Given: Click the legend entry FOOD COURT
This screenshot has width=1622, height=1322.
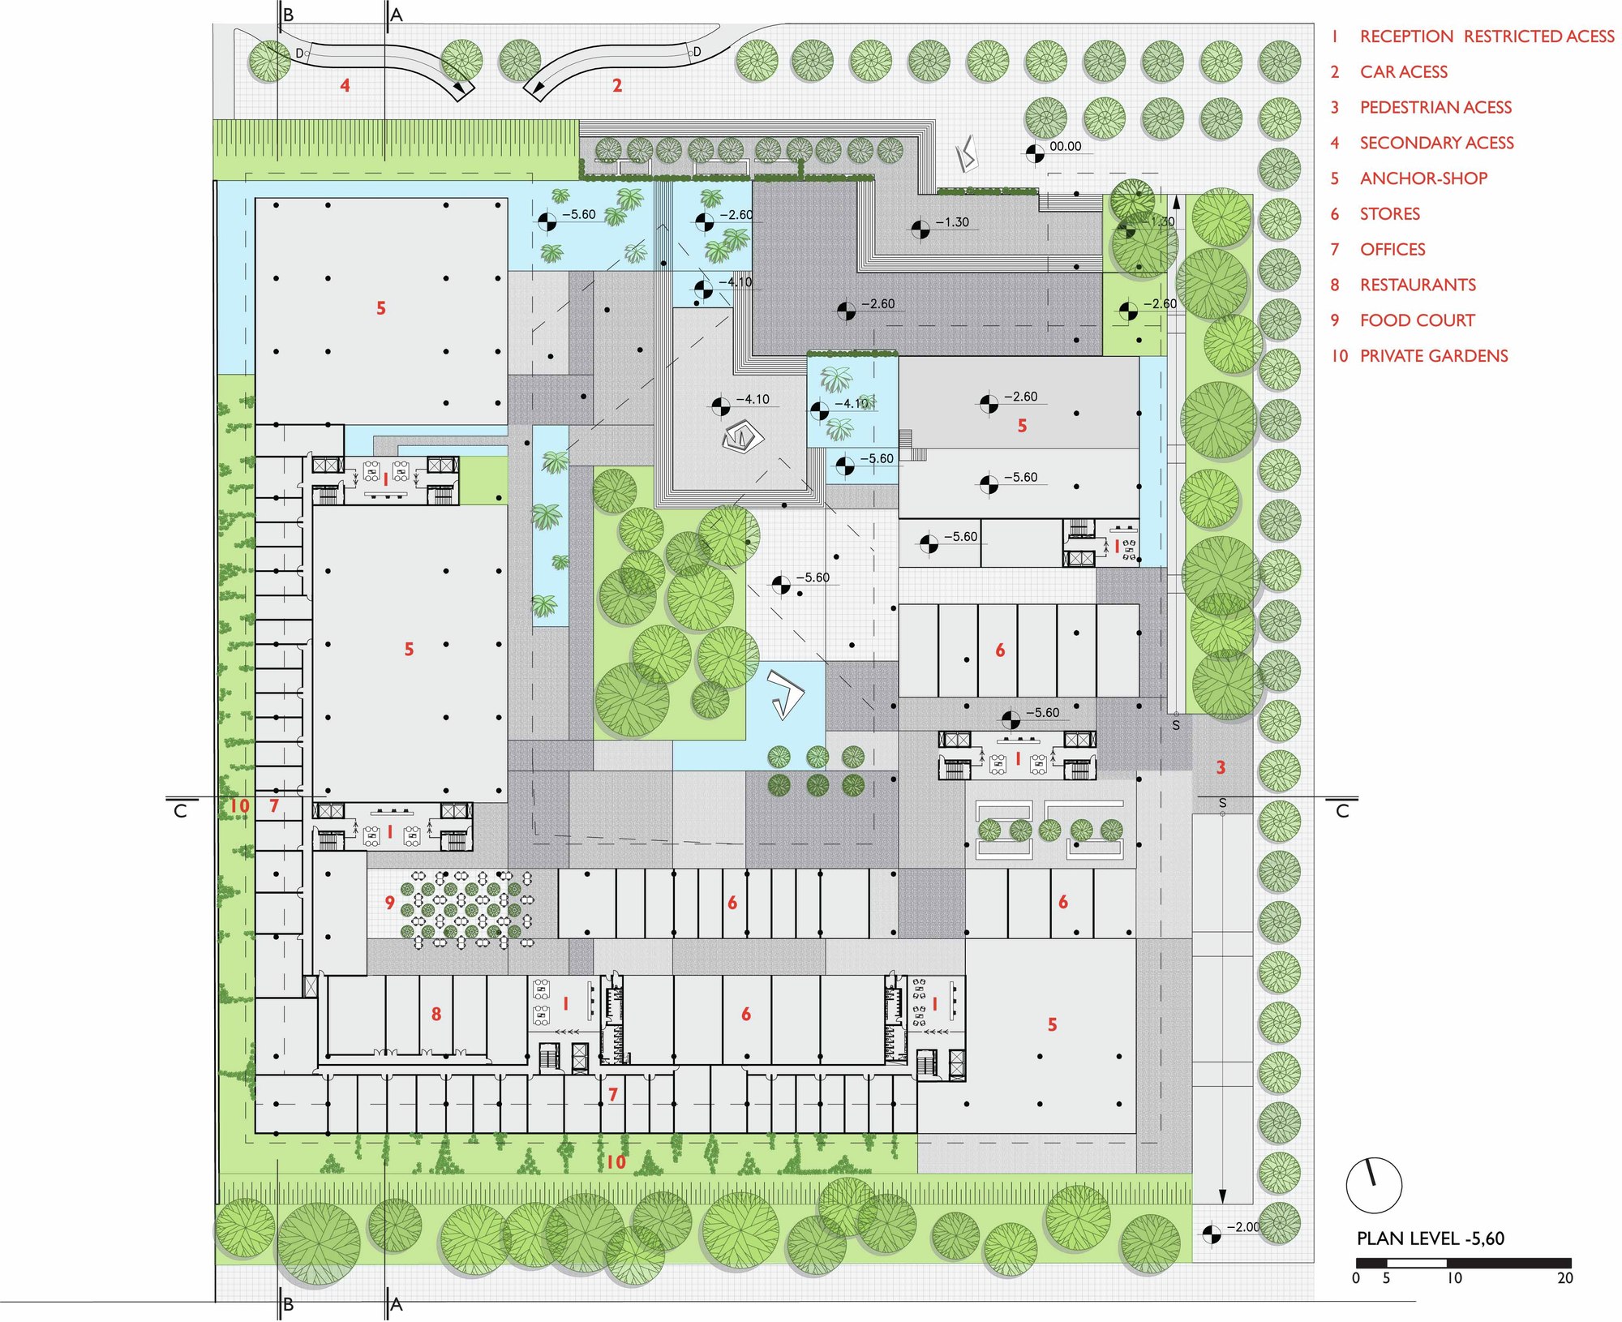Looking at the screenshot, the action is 1417,320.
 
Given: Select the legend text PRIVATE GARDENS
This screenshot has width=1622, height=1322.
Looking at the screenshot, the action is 1434,356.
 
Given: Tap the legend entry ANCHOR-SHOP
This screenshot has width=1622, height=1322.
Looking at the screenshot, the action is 1423,178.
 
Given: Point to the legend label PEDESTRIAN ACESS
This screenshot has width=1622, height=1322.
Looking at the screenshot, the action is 1435,107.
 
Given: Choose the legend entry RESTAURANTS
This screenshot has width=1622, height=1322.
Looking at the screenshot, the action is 1418,285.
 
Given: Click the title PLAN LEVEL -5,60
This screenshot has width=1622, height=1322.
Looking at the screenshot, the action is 1431,1238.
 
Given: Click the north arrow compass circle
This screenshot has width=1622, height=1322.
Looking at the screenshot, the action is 1374,1185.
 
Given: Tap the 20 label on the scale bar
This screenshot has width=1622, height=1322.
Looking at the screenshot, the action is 1564,1278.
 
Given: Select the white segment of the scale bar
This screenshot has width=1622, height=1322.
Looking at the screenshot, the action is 1417,1263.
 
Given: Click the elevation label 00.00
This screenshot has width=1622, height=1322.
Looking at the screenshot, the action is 1065,147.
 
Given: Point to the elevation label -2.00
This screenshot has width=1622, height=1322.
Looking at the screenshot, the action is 1243,1227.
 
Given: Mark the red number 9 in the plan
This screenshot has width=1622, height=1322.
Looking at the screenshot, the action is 390,903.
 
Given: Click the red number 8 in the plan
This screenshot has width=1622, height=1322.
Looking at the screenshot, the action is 436,1014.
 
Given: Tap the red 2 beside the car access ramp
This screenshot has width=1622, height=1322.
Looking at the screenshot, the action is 617,85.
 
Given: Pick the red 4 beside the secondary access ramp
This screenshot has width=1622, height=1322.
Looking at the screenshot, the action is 345,85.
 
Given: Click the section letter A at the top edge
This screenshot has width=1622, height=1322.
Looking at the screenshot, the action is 397,15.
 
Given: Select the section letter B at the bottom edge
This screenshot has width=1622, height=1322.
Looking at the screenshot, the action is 288,1304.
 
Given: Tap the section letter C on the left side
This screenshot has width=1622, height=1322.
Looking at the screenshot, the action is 180,811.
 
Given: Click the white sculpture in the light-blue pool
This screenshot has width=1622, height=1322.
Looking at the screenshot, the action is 784,694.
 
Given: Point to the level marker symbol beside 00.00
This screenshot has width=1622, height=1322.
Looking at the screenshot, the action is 1035,153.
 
